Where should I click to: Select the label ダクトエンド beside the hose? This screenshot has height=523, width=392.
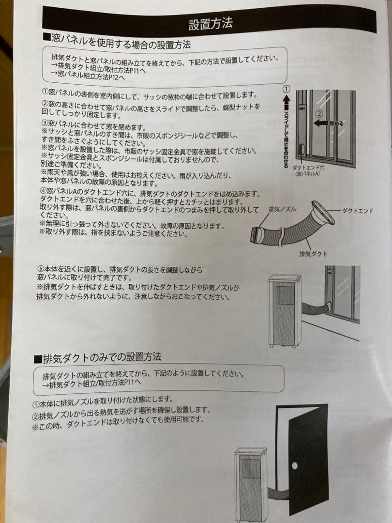pos(357,211)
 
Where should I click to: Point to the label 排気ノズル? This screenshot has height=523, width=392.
pos(283,209)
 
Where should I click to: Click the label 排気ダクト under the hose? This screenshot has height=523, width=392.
pos(314,253)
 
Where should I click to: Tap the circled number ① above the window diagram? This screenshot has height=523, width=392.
pos(286,89)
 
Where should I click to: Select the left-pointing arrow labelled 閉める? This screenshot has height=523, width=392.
pos(321,123)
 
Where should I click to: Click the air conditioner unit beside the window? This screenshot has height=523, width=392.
pos(284,310)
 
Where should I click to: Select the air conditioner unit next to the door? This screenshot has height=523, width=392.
pos(251,484)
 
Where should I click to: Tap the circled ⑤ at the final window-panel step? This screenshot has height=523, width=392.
pos(41,269)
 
